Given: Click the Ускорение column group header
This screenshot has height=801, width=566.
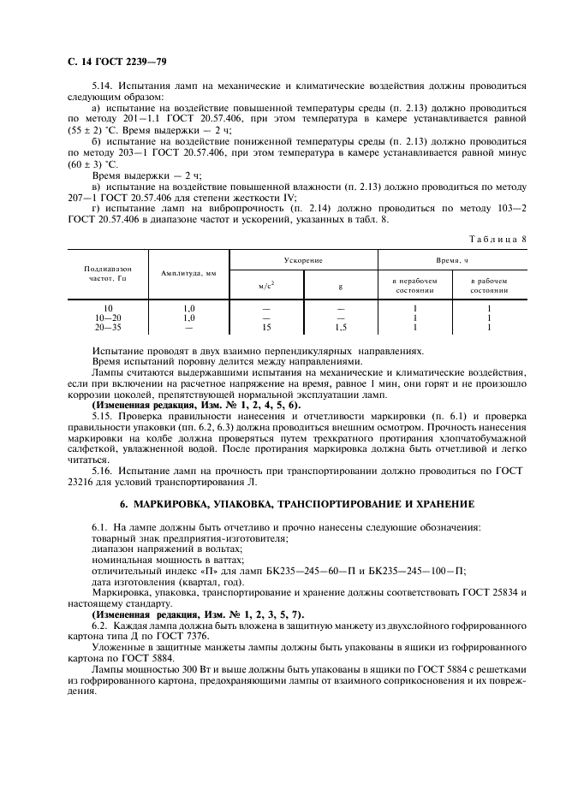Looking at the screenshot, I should [x=304, y=258].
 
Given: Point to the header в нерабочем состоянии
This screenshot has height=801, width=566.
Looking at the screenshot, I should [x=414, y=285].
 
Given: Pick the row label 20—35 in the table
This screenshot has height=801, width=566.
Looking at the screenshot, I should [x=108, y=327].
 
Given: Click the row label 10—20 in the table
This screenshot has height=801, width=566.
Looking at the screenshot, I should [x=108, y=317].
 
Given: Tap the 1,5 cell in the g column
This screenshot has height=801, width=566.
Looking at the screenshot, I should [x=340, y=327].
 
